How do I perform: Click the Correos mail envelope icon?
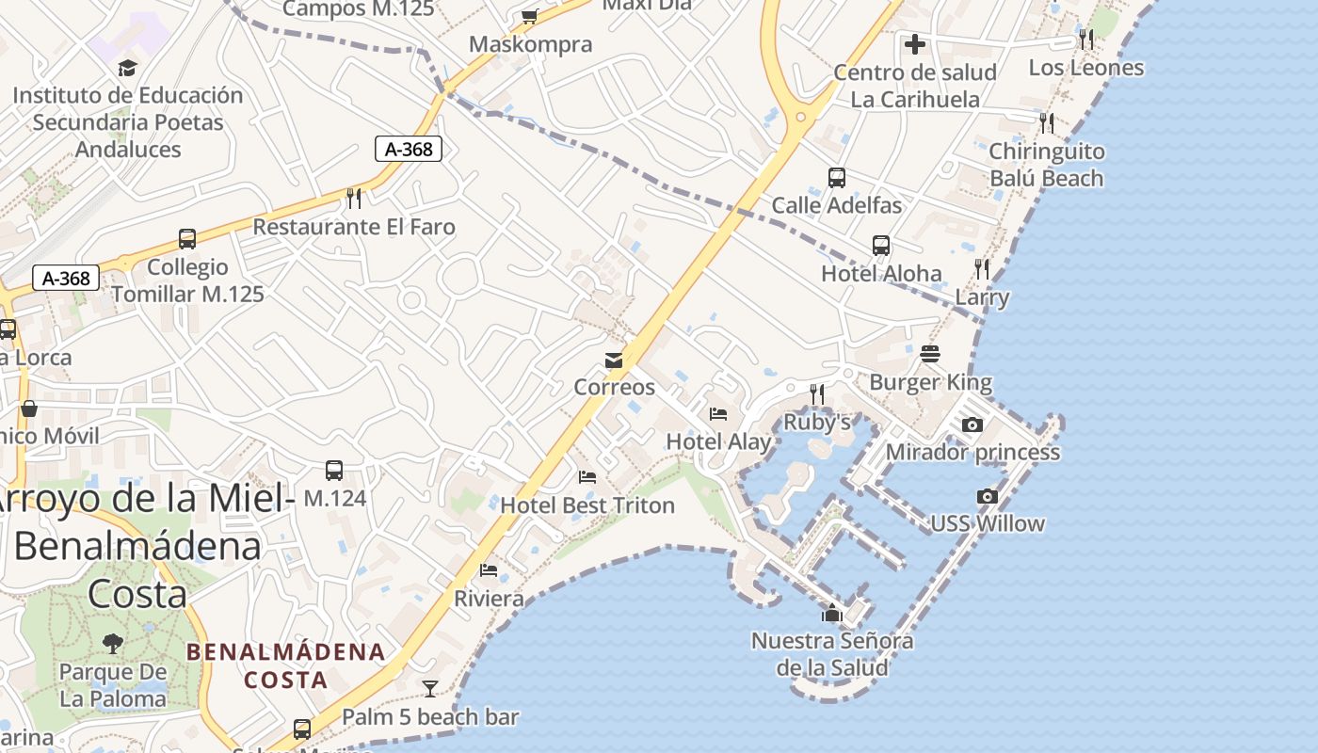(614, 360)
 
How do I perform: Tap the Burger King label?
(930, 382)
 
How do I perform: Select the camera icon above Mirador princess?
(972, 425)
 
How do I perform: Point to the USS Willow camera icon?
(987, 497)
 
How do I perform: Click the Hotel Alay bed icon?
(718, 414)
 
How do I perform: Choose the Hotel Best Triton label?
(587, 505)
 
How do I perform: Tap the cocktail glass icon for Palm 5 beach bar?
(430, 689)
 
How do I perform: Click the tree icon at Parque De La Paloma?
(113, 644)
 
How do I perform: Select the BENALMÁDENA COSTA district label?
(285, 665)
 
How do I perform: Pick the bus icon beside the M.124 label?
(333, 471)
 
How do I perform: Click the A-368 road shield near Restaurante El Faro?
(409, 149)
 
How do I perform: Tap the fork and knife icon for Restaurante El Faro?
(354, 198)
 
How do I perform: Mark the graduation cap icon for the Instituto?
(127, 68)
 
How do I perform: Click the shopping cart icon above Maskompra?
(530, 16)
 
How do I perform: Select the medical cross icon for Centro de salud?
(914, 44)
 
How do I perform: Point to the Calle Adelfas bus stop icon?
(836, 178)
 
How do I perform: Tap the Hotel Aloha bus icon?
(881, 246)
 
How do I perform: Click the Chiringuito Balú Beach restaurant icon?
(1046, 123)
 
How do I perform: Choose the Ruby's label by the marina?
(817, 423)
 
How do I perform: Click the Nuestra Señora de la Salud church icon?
(831, 614)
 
